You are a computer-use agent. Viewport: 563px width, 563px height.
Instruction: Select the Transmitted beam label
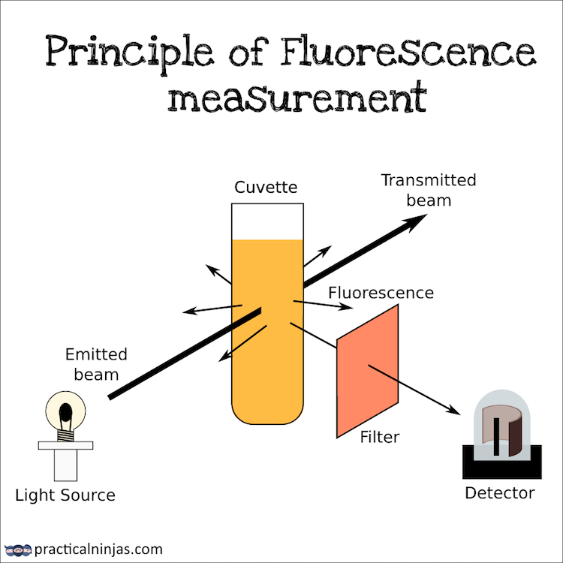[429, 190]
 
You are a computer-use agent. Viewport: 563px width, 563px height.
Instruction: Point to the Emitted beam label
[96, 363]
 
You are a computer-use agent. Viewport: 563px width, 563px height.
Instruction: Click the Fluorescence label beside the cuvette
[381, 292]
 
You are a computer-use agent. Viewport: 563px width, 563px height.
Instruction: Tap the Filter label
[379, 436]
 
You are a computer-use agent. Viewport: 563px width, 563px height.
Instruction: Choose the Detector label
[499, 493]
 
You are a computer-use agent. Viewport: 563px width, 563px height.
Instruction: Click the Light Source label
[65, 495]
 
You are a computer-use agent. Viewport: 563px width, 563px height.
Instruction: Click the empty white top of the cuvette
[267, 221]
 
